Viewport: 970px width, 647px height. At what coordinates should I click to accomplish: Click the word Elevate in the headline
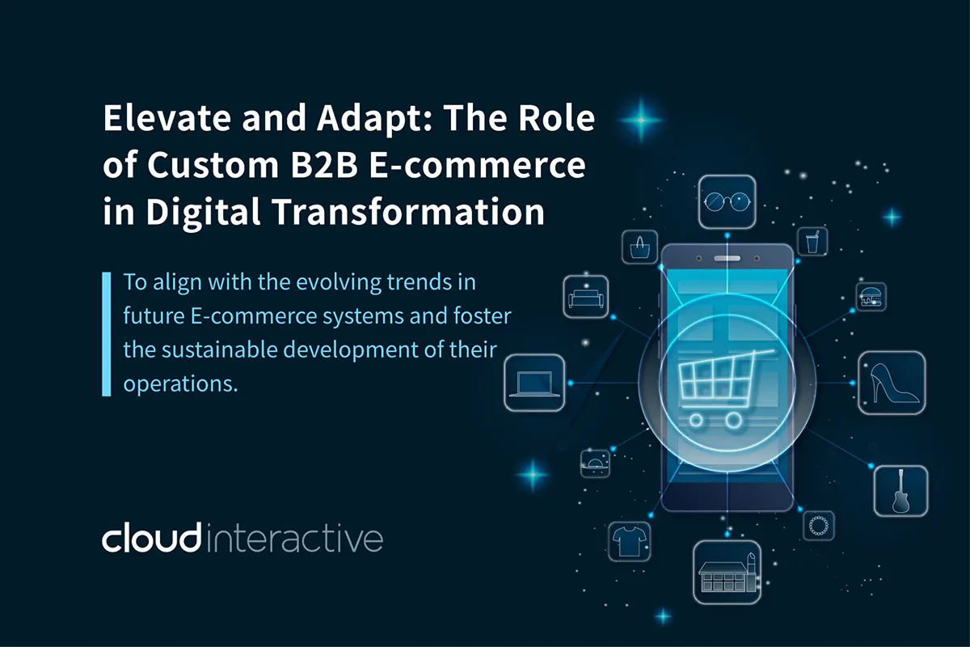[167, 118]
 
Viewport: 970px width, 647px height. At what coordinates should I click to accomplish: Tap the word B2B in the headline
[324, 165]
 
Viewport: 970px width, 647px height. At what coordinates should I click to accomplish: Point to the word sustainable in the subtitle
[220, 349]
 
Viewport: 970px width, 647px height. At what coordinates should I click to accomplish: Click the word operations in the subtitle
[180, 384]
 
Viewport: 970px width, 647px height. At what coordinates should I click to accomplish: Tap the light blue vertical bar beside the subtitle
[107, 334]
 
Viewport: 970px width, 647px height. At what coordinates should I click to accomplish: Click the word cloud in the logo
[152, 539]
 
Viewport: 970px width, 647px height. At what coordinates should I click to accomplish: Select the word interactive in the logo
[295, 539]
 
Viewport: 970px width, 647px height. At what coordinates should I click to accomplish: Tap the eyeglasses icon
[727, 202]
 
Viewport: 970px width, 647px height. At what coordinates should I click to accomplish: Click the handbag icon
[640, 247]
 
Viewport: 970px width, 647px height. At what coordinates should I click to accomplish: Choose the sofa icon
[586, 297]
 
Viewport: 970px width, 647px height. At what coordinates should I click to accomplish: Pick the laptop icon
[534, 383]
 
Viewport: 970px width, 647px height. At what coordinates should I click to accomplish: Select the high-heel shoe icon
[892, 383]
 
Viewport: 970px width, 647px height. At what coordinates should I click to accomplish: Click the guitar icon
[900, 491]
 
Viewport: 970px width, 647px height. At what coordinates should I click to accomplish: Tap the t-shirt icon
[629, 542]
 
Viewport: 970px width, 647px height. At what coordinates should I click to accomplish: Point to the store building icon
[727, 572]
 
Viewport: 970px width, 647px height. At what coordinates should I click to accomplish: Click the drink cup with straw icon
[813, 242]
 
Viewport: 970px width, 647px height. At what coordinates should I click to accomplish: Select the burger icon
[871, 297]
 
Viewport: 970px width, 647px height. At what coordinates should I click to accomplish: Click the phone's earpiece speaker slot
[727, 259]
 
